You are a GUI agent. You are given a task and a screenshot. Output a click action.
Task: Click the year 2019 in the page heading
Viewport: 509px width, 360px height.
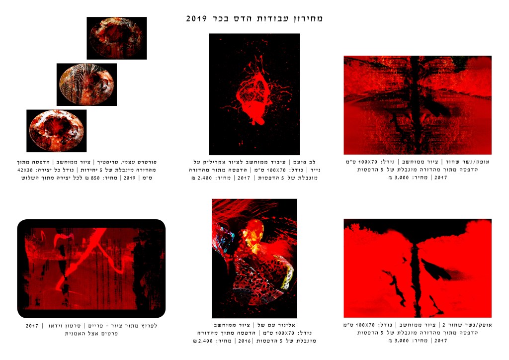(x=196, y=18)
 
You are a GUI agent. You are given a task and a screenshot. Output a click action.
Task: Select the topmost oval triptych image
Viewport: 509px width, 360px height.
(x=116, y=38)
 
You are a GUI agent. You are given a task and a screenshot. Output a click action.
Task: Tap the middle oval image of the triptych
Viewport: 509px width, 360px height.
(x=86, y=85)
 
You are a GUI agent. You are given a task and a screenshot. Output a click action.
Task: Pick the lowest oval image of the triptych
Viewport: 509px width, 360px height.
(x=57, y=131)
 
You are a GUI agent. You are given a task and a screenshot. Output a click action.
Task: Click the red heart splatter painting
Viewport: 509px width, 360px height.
(x=254, y=94)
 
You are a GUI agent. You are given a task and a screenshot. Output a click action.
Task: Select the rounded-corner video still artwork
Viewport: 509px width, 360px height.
(x=91, y=269)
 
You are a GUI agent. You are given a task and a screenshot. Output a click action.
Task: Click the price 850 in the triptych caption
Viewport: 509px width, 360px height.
(x=95, y=178)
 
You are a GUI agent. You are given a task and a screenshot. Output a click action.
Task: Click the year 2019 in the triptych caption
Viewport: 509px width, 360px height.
(x=129, y=178)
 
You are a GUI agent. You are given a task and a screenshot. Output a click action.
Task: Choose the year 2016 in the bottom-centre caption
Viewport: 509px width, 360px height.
(x=244, y=341)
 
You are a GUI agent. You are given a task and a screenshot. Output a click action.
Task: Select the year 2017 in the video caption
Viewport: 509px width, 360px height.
(x=32, y=326)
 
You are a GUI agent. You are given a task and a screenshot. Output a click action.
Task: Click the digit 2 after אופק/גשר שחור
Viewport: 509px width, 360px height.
(x=444, y=325)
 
